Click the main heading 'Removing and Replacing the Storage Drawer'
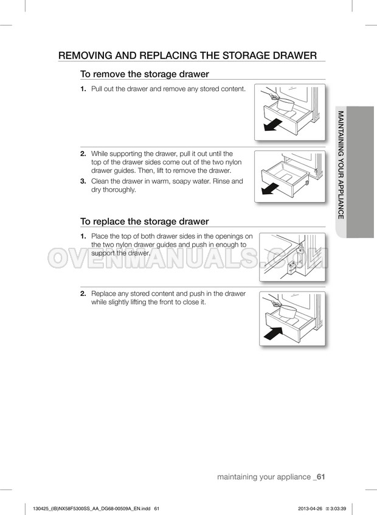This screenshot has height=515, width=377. coord(187,55)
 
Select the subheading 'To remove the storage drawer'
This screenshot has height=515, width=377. coord(145,74)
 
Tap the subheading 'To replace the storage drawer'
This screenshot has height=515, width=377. coord(145,221)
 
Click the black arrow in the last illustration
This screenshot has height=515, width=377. coord(274,332)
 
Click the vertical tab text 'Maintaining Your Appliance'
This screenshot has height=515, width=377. coord(341,164)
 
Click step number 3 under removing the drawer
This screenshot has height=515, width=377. coord(83,181)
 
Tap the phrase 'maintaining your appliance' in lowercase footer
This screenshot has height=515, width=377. coord(263,477)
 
